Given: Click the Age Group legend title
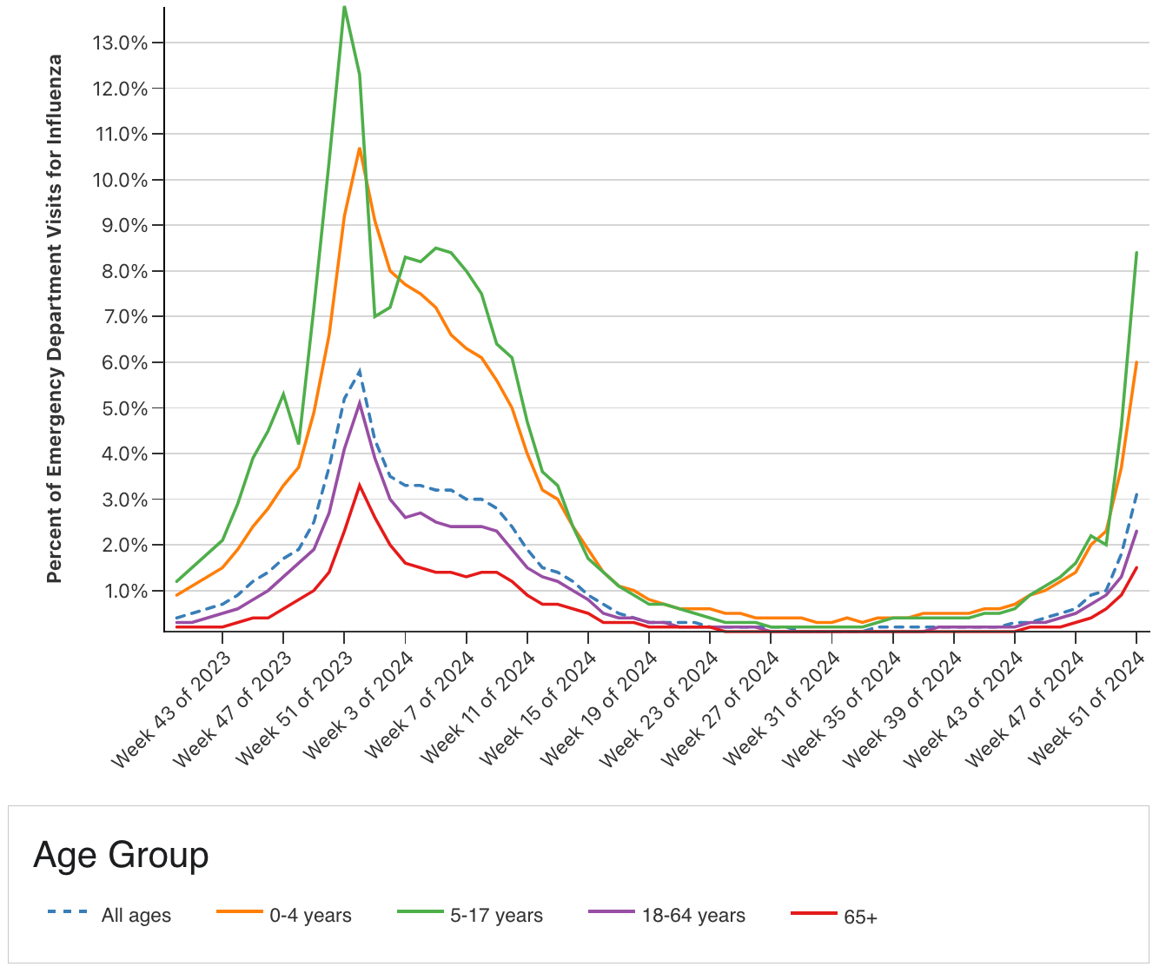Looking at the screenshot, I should (121, 856).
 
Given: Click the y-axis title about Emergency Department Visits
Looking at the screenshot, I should (55, 319).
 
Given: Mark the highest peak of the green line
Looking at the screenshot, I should (344, 7).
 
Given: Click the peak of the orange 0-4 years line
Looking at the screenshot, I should (359, 149).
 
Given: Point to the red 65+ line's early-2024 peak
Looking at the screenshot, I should (359, 486).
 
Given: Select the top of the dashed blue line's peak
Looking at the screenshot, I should (359, 372).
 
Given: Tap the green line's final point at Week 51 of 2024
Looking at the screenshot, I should (1136, 253).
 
